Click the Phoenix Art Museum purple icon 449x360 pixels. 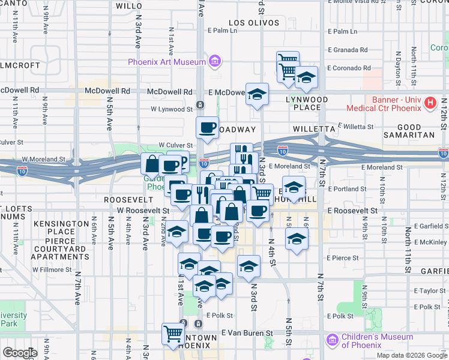[x=214, y=61]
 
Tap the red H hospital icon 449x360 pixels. [x=430, y=103]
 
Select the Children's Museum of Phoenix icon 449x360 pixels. [x=332, y=341]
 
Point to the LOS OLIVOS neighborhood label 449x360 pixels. [x=254, y=23]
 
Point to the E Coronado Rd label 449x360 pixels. [x=349, y=68]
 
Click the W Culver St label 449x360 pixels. [x=175, y=145]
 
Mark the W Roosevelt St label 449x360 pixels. [x=142, y=211]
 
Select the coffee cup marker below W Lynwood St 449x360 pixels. [x=207, y=127]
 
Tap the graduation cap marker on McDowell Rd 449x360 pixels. [x=257, y=94]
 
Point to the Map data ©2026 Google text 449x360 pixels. [x=411, y=355]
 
